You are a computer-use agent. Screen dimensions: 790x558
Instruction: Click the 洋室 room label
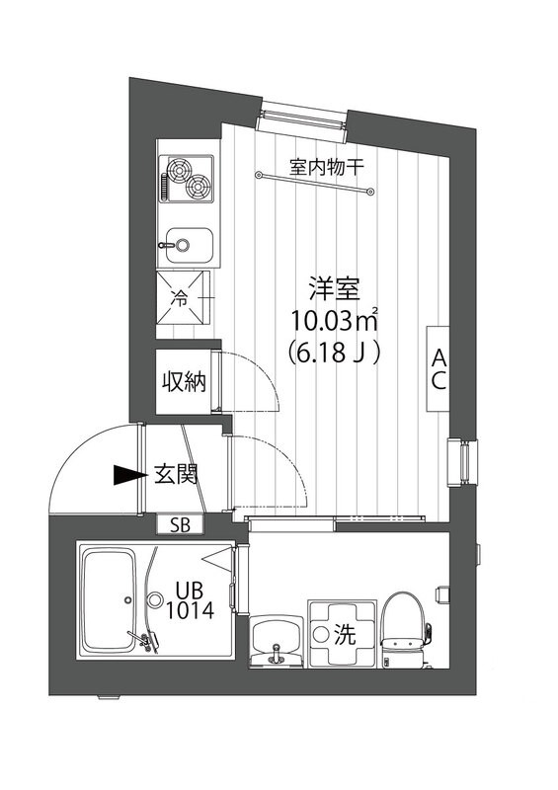333,292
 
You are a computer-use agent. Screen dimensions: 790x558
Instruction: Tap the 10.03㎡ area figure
335,321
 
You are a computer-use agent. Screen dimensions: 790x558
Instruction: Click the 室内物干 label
327,166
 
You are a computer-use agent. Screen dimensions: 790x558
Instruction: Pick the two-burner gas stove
188,179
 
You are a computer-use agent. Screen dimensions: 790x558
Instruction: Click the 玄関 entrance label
175,475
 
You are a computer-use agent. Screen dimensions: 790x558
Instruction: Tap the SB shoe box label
181,524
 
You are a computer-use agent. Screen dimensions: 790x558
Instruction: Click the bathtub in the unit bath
110,601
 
